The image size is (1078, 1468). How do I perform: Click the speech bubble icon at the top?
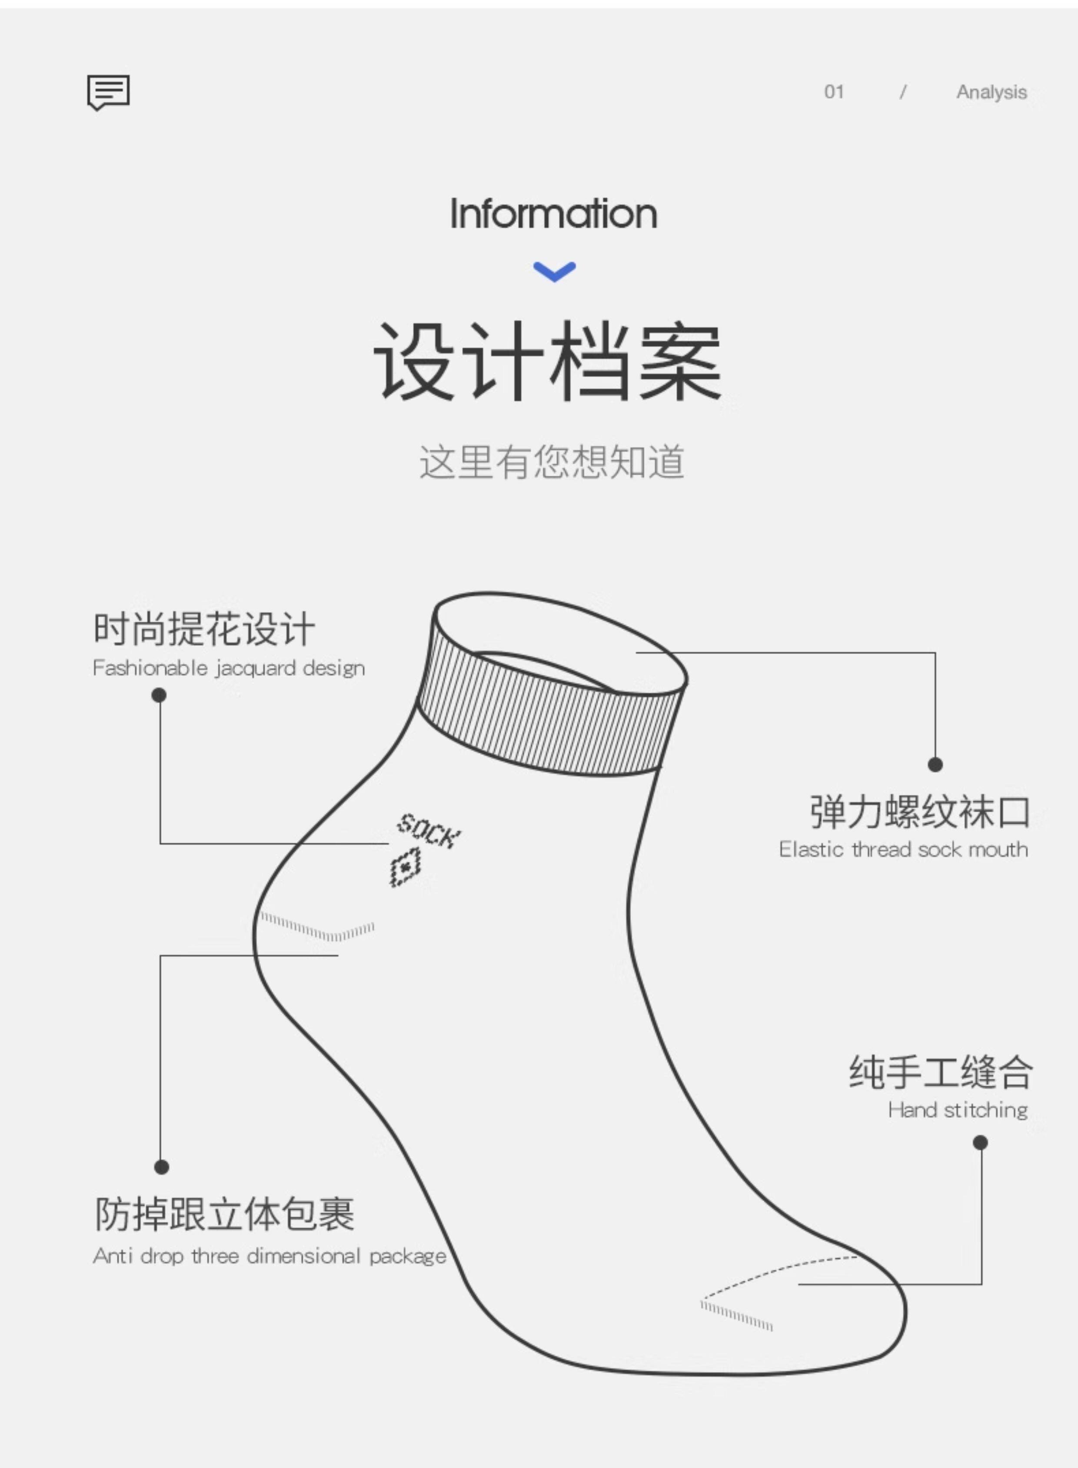tap(108, 92)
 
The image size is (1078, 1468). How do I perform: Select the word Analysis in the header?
tap(991, 93)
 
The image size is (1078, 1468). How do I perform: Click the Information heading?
tap(553, 214)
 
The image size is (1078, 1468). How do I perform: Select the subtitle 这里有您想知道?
tap(552, 462)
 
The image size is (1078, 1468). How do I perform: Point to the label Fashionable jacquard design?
tap(228, 668)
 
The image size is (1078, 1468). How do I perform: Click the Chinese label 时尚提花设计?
tap(204, 629)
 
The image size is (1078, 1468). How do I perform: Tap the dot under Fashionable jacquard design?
tap(159, 696)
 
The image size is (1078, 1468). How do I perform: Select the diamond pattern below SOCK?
tap(405, 867)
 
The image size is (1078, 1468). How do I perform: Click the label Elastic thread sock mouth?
tap(903, 849)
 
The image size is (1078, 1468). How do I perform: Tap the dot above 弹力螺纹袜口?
tap(935, 764)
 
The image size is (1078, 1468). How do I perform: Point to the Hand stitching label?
tap(957, 1110)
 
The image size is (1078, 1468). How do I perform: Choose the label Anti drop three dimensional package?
tap(269, 1256)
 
